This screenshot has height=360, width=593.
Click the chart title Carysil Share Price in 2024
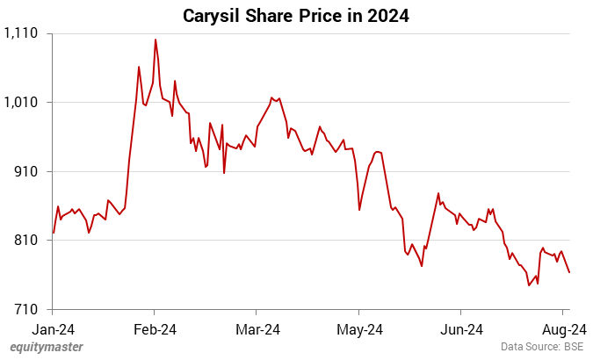pyautogui.click(x=296, y=15)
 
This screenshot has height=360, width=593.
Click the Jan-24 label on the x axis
pyautogui.click(x=53, y=329)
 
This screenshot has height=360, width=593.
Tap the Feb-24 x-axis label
pyautogui.click(x=155, y=329)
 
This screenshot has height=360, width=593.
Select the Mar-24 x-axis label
pyautogui.click(x=257, y=329)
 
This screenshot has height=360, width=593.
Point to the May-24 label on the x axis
pyautogui.click(x=359, y=329)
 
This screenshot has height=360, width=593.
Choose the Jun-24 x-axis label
pyautogui.click(x=461, y=329)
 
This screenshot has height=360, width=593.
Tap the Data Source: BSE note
pyautogui.click(x=542, y=347)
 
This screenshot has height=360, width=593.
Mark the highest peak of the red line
pyautogui.click(x=155, y=40)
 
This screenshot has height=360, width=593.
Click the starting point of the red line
pyautogui.click(x=54, y=233)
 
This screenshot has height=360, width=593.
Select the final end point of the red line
pyautogui.click(x=569, y=272)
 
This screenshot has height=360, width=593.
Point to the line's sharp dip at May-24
pyautogui.click(x=359, y=210)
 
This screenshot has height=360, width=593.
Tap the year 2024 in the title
pyautogui.click(x=387, y=15)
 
